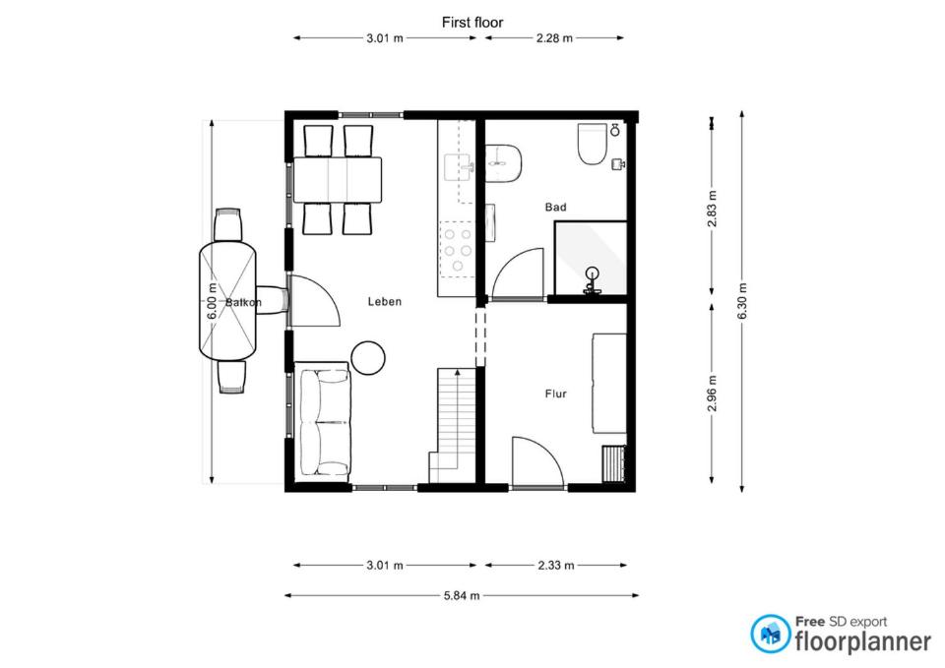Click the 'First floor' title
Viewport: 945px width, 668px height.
(472, 23)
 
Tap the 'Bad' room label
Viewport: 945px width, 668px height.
(555, 208)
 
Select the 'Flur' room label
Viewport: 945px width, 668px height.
(555, 394)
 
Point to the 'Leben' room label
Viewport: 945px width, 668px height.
(385, 302)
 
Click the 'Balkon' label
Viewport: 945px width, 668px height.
(243, 302)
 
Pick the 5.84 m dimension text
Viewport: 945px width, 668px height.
(462, 596)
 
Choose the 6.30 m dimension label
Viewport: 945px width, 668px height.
(742, 301)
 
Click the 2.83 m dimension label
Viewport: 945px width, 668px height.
(713, 209)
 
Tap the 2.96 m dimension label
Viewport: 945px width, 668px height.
(713, 394)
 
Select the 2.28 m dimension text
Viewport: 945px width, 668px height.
(554, 38)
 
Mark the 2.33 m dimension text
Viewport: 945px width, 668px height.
(555, 566)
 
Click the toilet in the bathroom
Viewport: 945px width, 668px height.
(593, 144)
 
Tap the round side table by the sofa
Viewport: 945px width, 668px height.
(367, 358)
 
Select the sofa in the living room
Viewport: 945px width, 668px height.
(324, 423)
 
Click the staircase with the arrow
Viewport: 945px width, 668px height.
(453, 425)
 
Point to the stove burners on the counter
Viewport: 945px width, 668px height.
(458, 250)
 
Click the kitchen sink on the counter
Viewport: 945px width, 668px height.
(460, 167)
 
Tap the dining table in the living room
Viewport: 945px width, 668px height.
(338, 179)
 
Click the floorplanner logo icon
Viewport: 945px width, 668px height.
(770, 634)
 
